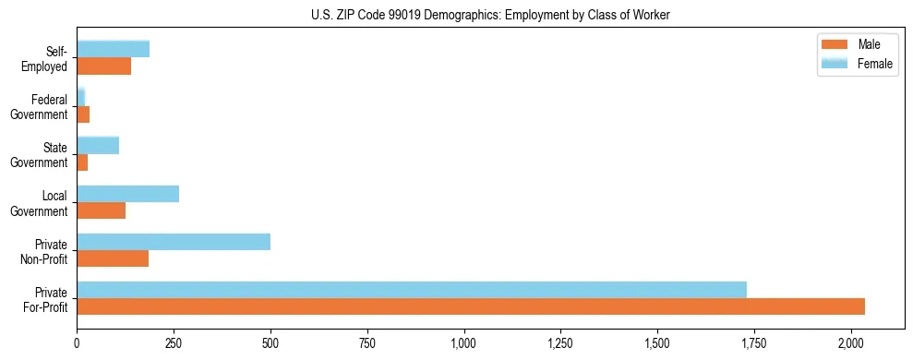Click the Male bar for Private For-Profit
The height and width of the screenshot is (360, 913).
point(471,306)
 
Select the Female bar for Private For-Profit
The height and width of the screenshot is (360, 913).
point(412,290)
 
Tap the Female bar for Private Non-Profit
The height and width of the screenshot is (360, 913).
point(174,242)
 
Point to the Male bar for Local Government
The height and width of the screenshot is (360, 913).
point(101,210)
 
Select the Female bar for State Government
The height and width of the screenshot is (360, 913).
point(98,145)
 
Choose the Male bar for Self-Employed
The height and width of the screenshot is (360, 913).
point(103,66)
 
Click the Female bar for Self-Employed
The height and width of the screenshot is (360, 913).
point(113,49)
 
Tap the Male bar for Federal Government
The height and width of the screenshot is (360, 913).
point(83,114)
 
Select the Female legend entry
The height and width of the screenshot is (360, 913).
point(858,63)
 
